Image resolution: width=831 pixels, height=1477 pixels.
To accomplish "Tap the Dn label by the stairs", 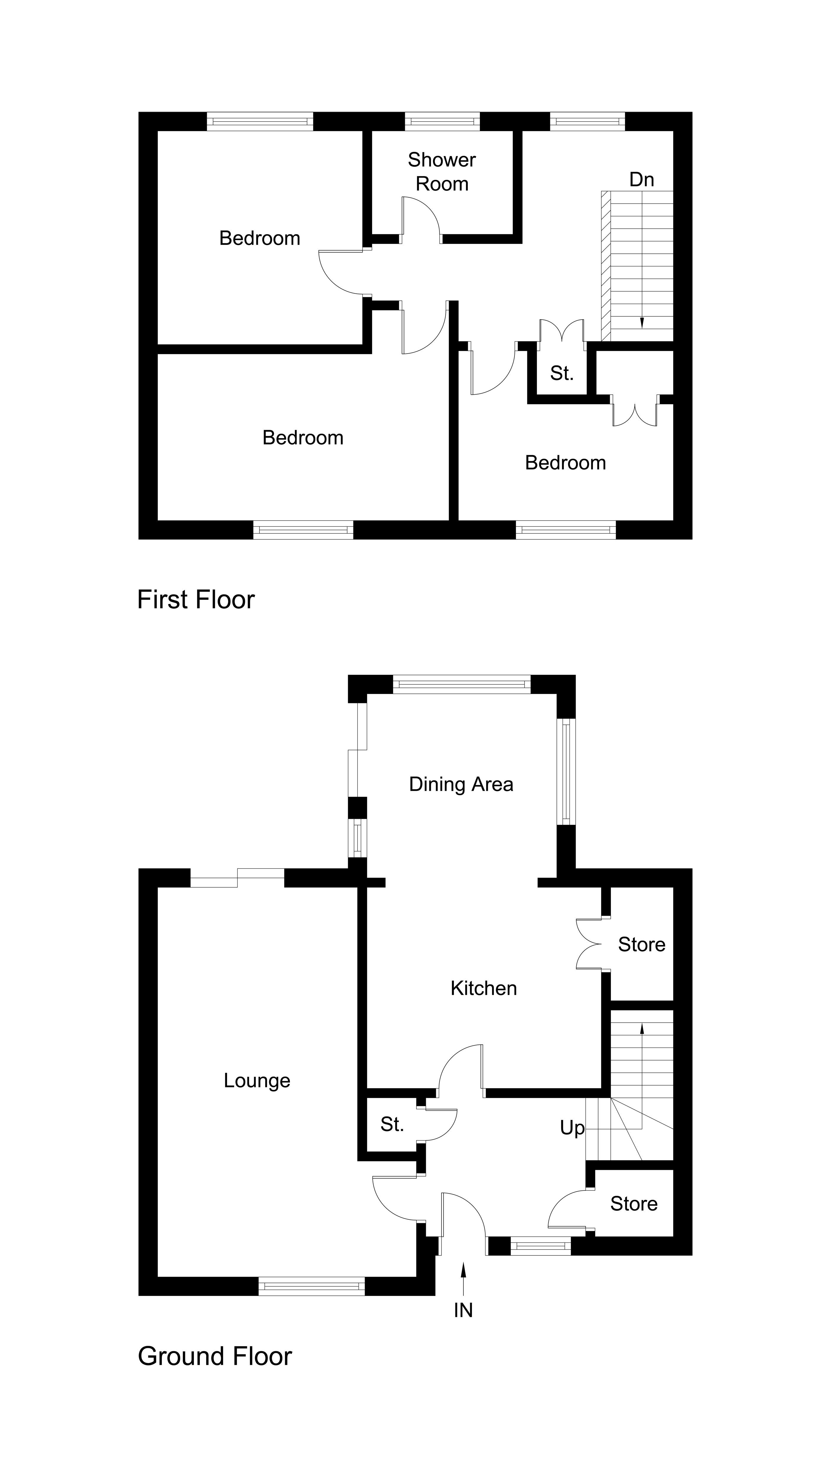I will coord(641,180).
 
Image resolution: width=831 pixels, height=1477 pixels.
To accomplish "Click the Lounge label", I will coord(257,1081).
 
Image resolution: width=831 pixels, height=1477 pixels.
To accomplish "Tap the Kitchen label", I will coord(483,988).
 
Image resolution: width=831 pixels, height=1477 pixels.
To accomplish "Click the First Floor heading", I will coord(196,600).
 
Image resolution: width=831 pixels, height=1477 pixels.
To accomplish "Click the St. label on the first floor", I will coord(561,373).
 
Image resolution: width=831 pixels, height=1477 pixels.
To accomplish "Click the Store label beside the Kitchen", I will coord(641,944).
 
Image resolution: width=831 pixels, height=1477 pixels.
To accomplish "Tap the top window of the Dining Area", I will coord(462,684).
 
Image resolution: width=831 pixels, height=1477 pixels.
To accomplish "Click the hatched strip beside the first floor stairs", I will coord(606,266).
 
